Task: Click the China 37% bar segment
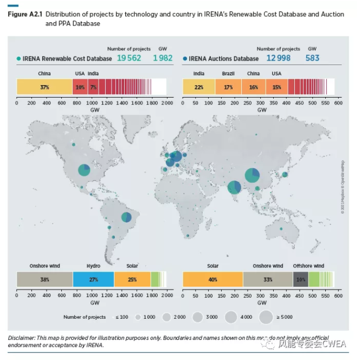(x=44, y=87)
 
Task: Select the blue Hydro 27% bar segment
(x=93, y=279)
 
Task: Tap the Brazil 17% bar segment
(x=228, y=87)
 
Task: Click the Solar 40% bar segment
(x=212, y=279)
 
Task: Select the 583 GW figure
(x=313, y=58)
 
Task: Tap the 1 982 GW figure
(x=163, y=58)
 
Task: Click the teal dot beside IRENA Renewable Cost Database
(x=19, y=59)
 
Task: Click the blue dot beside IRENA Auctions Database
(x=185, y=59)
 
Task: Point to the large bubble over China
(x=252, y=175)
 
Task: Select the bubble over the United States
(x=84, y=170)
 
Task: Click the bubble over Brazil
(x=126, y=217)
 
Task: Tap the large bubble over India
(x=234, y=187)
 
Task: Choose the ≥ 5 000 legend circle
(x=266, y=317)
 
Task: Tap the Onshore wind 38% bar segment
(x=44, y=279)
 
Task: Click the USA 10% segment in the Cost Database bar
(x=80, y=87)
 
